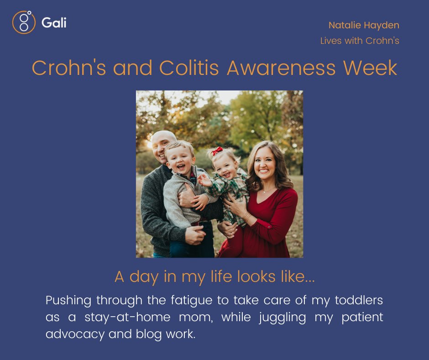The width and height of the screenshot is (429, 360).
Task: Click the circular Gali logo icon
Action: coord(24,22)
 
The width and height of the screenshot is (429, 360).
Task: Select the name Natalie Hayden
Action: coord(364,25)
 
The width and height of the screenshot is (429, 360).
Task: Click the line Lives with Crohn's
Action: coord(360,41)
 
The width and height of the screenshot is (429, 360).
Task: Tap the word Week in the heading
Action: coord(376,68)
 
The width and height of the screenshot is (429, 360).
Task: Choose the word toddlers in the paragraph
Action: coord(359,301)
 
